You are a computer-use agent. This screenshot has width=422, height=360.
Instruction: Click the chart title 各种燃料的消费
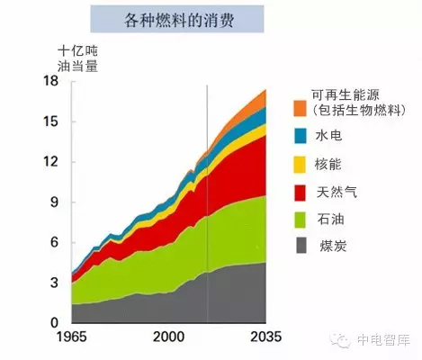tap(179, 21)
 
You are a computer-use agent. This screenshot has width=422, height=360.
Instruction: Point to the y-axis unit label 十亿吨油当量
tap(77, 58)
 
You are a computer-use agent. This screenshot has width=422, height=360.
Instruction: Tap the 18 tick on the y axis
tap(50, 81)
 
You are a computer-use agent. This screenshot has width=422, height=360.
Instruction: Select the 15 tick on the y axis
tap(50, 121)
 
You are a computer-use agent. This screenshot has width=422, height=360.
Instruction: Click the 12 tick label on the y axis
tap(50, 162)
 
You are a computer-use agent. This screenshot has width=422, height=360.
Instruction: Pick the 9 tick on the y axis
tap(54, 202)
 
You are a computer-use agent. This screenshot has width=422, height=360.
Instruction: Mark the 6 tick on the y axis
tap(54, 242)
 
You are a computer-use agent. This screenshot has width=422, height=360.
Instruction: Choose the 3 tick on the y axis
tap(54, 283)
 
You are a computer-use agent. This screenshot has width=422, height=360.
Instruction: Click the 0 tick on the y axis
tap(54, 323)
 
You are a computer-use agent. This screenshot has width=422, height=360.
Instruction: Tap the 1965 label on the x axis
tap(72, 337)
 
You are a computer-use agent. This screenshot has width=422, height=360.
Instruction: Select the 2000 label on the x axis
tap(168, 337)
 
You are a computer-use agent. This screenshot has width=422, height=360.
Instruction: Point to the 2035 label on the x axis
tap(266, 337)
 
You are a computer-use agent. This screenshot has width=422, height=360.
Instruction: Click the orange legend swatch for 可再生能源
tap(300, 108)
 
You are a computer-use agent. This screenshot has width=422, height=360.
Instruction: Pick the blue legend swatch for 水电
tap(301, 136)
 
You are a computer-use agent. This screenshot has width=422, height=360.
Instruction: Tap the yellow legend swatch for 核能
tap(300, 165)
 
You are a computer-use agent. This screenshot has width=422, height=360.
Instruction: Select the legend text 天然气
tap(337, 192)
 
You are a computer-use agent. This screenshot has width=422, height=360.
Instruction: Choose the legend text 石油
tap(331, 220)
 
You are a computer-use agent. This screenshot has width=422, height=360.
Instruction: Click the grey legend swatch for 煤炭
tap(301, 245)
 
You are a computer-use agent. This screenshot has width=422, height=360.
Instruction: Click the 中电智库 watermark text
tap(383, 340)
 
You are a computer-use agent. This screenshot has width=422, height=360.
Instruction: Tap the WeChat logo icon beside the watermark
tap(340, 340)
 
